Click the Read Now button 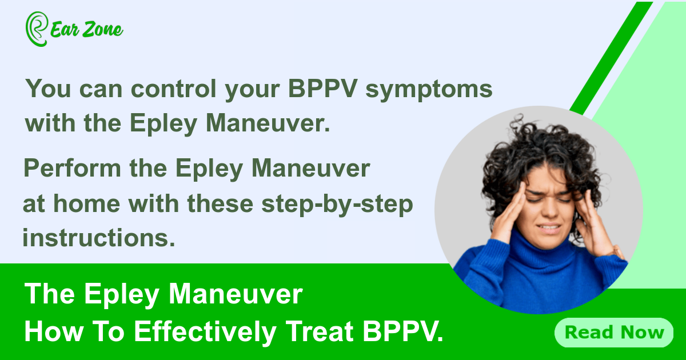pos(614,332)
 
